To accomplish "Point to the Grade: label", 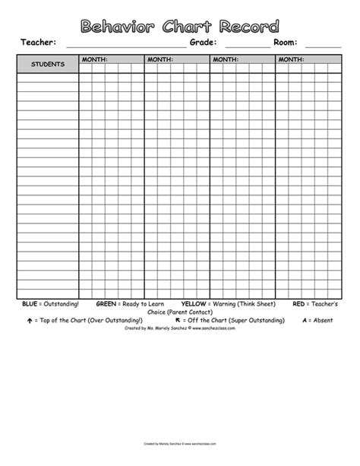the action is pyautogui.click(x=204, y=43).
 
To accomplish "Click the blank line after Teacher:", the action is pyautogui.click(x=125, y=46).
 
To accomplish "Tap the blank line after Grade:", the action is pyautogui.click(x=247, y=46).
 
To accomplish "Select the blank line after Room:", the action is pyautogui.click(x=322, y=46).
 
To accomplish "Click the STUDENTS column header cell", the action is pyautogui.click(x=47, y=64).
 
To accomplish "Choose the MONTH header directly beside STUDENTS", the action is pyautogui.click(x=95, y=59).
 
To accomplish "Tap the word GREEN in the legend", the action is pyautogui.click(x=106, y=303).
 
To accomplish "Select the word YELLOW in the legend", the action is pyautogui.click(x=194, y=303).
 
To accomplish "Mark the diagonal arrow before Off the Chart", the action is pyautogui.click(x=178, y=320).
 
